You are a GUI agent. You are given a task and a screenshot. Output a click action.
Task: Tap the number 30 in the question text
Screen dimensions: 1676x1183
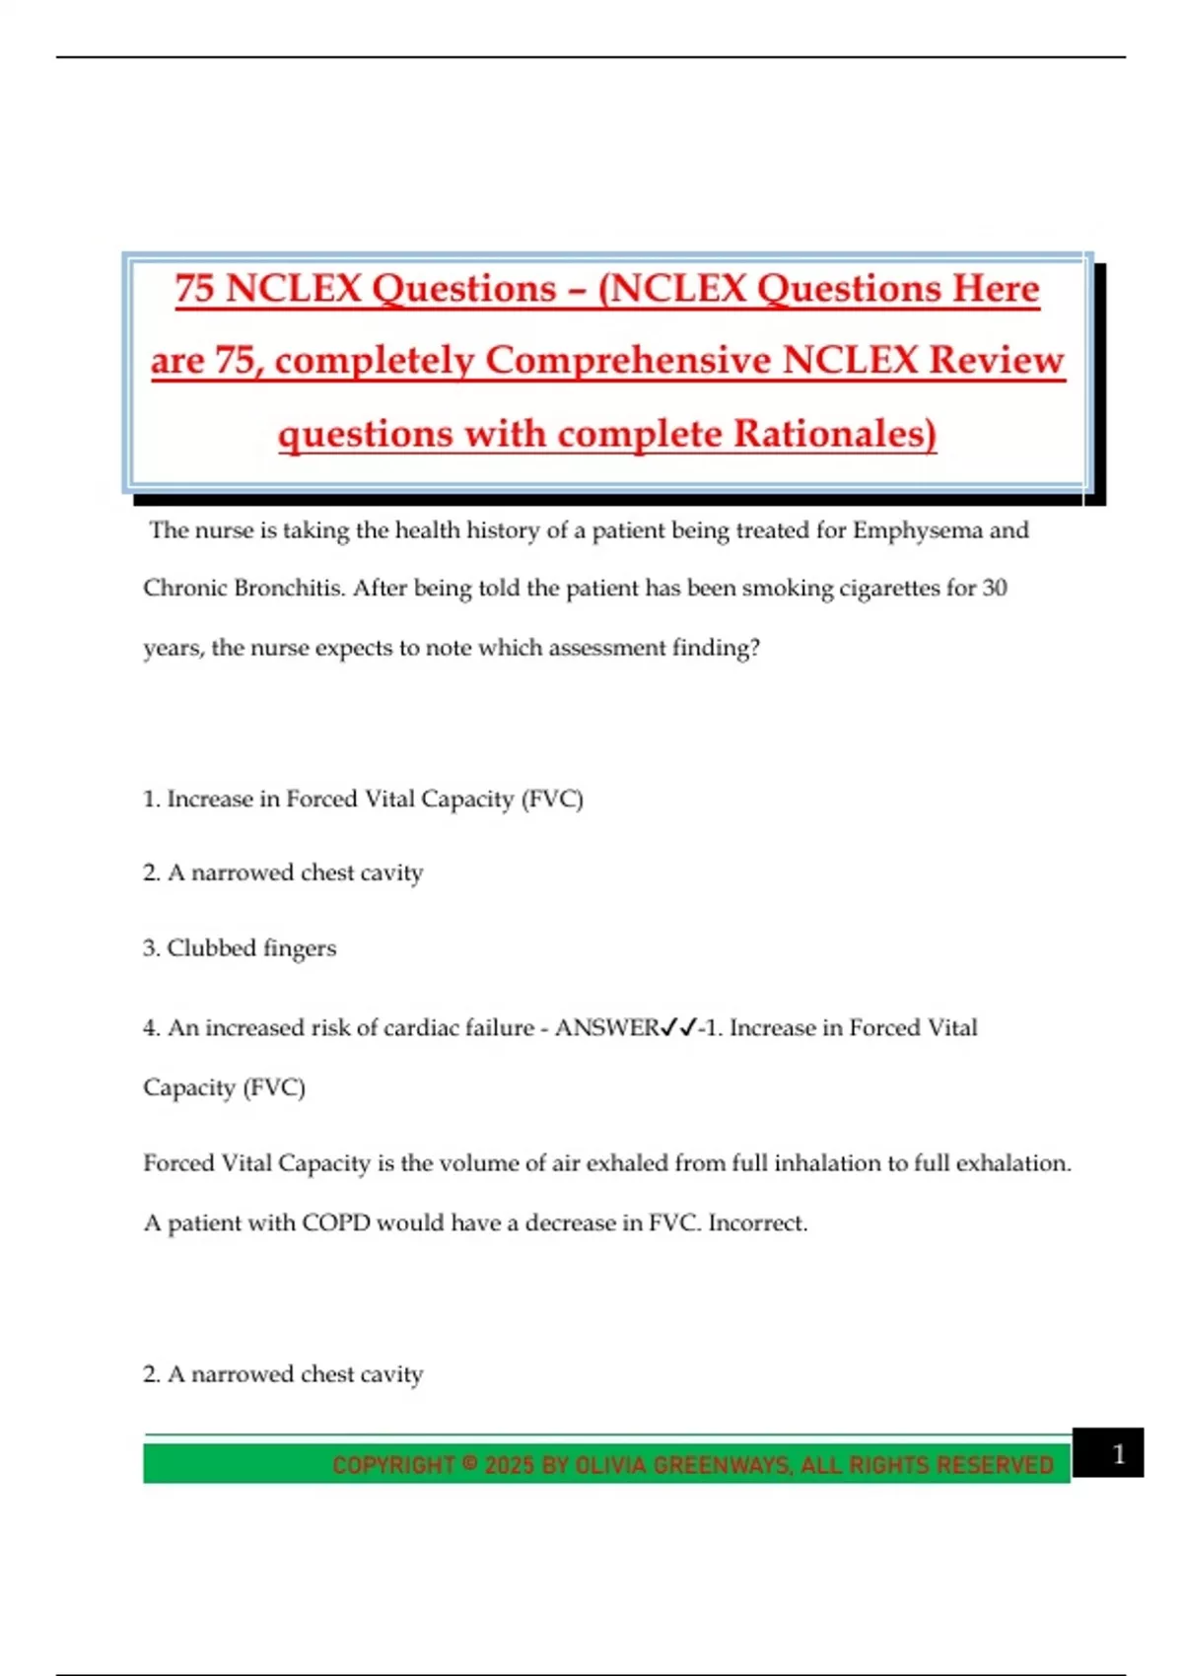994,589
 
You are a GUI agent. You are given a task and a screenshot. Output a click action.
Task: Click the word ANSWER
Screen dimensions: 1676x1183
606,1028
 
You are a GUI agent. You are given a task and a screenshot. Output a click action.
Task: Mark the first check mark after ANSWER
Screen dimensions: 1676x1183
668,1028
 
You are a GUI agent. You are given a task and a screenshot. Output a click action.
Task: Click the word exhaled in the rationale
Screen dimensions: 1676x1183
626,1163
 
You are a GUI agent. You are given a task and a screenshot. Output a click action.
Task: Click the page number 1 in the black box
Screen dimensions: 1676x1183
1118,1454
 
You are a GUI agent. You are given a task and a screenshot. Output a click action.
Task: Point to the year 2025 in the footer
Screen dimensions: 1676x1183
509,1465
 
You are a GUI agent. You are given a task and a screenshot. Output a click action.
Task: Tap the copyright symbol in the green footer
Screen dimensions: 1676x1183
469,1464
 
